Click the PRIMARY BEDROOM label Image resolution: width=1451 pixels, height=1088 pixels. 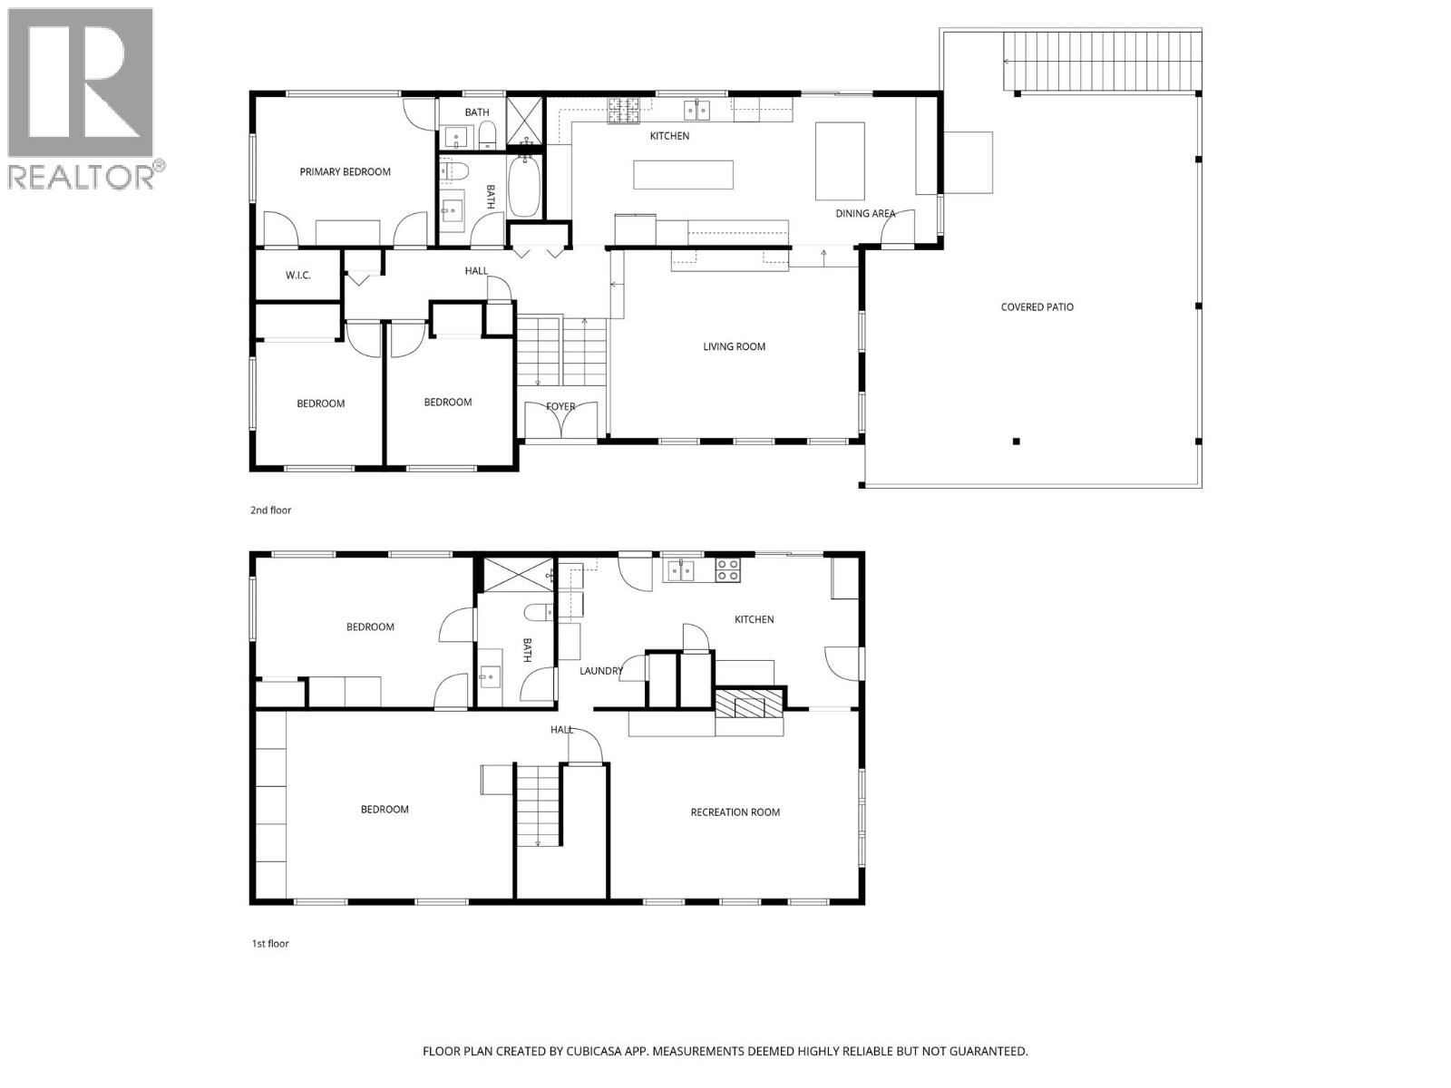(345, 171)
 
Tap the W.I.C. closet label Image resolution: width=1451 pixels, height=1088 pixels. (298, 275)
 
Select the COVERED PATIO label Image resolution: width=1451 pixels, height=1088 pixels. (1037, 307)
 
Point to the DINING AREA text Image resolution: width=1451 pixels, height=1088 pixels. (865, 214)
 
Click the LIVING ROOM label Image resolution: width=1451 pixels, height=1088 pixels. (734, 346)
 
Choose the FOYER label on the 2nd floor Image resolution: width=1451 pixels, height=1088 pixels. (560, 406)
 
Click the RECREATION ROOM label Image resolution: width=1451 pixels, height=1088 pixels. (735, 812)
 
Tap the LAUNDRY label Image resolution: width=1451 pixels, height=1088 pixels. (601, 671)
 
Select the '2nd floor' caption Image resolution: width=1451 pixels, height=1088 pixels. (270, 510)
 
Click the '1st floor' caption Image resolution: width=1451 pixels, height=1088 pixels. (269, 944)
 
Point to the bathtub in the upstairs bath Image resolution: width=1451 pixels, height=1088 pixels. (523, 186)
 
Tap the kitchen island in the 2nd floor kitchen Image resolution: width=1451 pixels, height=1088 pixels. (683, 174)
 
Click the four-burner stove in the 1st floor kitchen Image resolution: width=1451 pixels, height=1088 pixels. (727, 569)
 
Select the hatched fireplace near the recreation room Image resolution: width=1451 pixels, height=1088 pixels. (748, 704)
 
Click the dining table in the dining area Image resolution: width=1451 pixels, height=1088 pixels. (840, 160)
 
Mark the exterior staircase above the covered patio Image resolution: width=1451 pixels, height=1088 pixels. (1101, 62)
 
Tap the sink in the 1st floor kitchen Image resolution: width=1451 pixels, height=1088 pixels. (680, 570)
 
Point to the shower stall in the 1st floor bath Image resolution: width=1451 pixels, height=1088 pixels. (517, 574)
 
